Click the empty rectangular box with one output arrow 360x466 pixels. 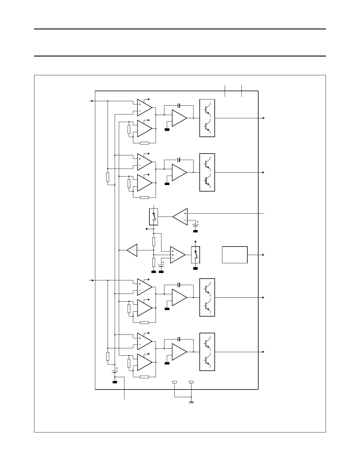[x=234, y=255]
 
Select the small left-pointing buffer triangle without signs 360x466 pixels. [x=133, y=250]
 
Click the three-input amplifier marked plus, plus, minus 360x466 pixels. [x=177, y=255]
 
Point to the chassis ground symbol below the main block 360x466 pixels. [x=191, y=402]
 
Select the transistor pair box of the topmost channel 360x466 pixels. [x=207, y=118]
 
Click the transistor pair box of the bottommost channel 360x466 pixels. [x=207, y=352]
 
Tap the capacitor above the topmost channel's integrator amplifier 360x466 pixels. [x=179, y=105]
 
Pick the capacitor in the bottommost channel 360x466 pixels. [x=179, y=339]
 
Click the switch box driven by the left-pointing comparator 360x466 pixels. [x=154, y=217]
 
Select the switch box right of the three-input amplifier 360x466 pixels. [x=196, y=255]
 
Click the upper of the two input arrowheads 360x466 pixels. [x=92, y=101]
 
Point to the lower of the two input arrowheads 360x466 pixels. [x=92, y=280]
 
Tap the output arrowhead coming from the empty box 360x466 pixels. [x=264, y=255]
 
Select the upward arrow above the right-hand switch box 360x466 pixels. [x=196, y=241]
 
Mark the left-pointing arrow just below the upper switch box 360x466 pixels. [x=147, y=228]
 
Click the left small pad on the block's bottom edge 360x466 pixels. [x=174, y=382]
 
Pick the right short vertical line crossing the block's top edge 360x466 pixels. [x=241, y=91]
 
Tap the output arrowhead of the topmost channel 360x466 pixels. [x=264, y=118]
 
